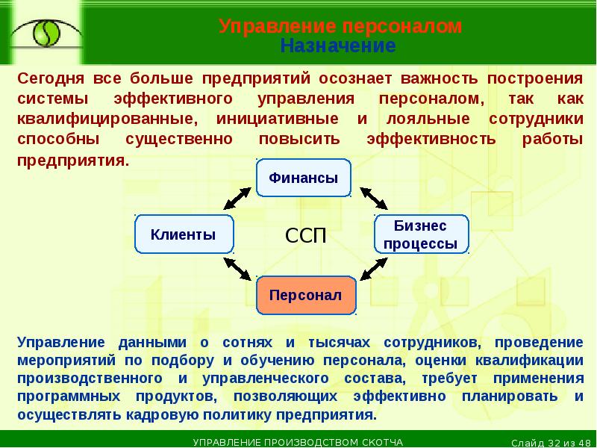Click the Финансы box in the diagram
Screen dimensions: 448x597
[x=303, y=178]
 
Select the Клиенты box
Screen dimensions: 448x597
[x=184, y=234]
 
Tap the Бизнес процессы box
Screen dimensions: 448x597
[x=421, y=234]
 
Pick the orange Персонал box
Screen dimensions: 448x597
[x=305, y=295]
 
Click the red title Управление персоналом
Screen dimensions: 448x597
[x=340, y=28]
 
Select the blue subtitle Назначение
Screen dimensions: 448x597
[x=337, y=46]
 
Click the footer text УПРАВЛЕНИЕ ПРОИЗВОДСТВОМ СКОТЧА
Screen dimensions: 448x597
[x=298, y=442]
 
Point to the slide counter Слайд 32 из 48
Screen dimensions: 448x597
[x=553, y=442]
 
